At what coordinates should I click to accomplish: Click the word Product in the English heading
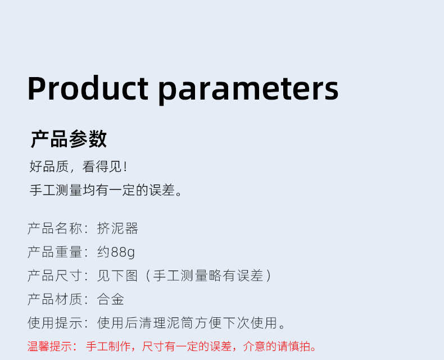(88, 88)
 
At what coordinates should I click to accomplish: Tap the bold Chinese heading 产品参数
(69, 139)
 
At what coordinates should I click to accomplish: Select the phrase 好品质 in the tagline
(49, 166)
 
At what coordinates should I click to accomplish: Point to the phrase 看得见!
(105, 166)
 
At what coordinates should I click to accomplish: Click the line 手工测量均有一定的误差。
(106, 190)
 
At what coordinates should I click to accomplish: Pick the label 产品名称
(55, 228)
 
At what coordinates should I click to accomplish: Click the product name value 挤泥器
(117, 228)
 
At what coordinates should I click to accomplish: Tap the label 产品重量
(55, 252)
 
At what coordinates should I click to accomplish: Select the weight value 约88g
(116, 252)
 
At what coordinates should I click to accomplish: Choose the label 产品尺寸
(55, 276)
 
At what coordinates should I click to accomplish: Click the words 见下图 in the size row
(117, 276)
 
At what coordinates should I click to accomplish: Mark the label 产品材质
(55, 299)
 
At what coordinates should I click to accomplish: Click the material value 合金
(110, 299)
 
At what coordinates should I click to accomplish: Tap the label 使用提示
(55, 322)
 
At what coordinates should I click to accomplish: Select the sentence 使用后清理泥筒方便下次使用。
(191, 322)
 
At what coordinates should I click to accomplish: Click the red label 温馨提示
(49, 346)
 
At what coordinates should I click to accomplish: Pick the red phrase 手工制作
(108, 346)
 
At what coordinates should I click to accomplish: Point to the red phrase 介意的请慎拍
(277, 346)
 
